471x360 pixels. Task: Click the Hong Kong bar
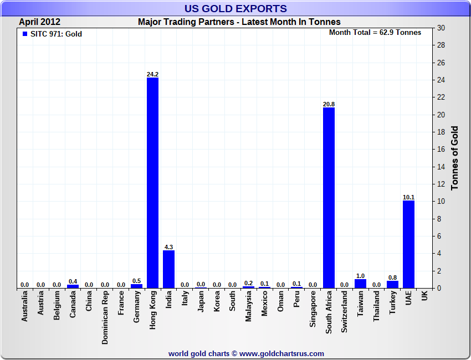[x=152, y=183]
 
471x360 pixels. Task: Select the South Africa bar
[x=329, y=198]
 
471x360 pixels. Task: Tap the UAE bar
[x=408, y=244]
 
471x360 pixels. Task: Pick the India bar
[x=168, y=269]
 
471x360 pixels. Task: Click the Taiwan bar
[x=360, y=284]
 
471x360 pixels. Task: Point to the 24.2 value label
[x=152, y=74]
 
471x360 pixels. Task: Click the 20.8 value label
[x=329, y=104]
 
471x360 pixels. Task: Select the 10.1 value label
[x=408, y=197]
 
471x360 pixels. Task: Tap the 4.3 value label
[x=168, y=247]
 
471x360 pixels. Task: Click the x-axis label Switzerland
[x=345, y=312]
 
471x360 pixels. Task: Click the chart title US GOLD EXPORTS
[x=235, y=8]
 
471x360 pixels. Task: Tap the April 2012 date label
[x=40, y=22]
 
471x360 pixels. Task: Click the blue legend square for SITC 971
[x=24, y=34]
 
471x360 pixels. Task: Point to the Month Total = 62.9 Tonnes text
[x=375, y=33]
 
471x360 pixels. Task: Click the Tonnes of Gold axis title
[x=454, y=158]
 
